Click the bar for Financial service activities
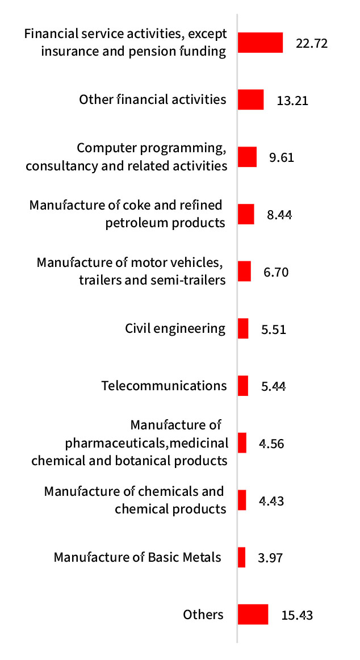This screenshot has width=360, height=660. point(260,43)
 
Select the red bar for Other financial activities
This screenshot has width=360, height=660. point(250,99)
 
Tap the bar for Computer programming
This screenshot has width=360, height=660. point(247,157)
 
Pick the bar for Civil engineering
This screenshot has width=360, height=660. point(243,328)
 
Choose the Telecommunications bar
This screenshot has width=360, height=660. point(243,386)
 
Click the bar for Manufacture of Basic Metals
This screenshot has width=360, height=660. point(241,557)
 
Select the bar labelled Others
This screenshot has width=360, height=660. point(253,614)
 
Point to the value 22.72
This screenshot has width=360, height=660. point(312,43)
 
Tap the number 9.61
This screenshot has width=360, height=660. point(282,157)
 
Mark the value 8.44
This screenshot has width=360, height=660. point(279,215)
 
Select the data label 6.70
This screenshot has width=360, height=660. point(276,272)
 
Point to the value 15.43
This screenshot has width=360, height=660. point(297,615)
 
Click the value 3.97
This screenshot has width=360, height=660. point(270,558)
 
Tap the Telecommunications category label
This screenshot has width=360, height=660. point(164,386)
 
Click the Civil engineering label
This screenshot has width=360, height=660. point(175,328)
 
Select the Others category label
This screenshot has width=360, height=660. point(203,614)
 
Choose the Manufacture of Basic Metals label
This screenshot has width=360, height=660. point(137,557)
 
